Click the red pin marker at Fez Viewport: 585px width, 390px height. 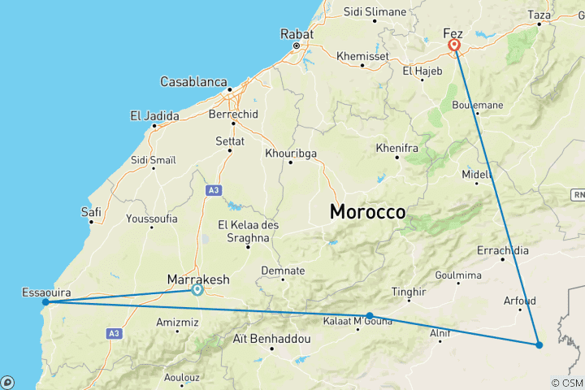[454, 45]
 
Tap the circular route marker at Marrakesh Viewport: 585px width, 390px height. [197, 289]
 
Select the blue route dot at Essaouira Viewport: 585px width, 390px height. [45, 302]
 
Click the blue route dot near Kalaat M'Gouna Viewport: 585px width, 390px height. [370, 316]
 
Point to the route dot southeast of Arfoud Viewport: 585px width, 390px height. [539, 344]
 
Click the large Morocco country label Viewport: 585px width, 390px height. [367, 212]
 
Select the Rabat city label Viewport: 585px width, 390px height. [297, 34]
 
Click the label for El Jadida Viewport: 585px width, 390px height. [154, 116]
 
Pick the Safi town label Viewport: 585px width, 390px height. [91, 211]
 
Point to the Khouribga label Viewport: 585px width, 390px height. [290, 153]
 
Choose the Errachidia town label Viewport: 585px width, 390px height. [502, 249]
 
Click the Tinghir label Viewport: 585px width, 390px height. [409, 292]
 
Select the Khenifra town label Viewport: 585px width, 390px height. [396, 149]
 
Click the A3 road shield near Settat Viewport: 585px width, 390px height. [213, 190]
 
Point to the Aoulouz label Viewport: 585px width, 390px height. [181, 377]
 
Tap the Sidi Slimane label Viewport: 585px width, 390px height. [375, 12]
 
